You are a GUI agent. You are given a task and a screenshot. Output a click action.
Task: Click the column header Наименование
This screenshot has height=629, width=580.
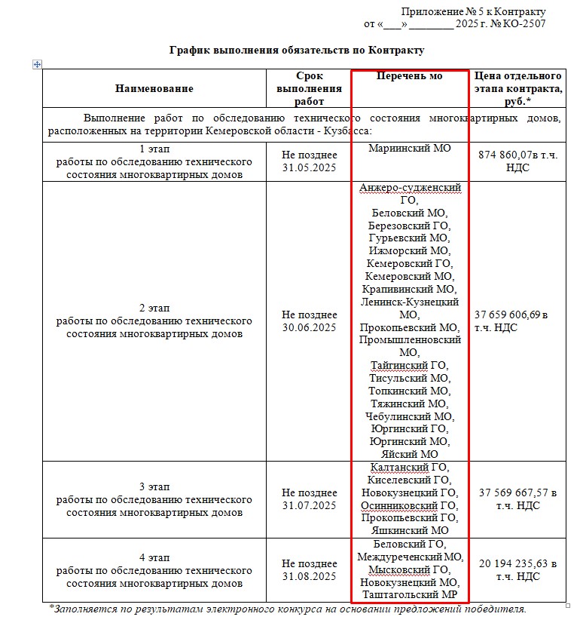(x=154, y=88)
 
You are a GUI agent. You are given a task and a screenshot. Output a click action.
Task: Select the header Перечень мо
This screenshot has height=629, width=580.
(x=409, y=77)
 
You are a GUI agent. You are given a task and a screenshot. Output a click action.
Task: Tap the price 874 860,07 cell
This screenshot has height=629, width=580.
(x=518, y=161)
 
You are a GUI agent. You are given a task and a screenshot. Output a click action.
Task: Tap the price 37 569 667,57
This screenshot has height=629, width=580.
(x=517, y=492)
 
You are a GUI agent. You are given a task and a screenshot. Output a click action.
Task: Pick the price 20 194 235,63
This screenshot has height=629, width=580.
(x=517, y=563)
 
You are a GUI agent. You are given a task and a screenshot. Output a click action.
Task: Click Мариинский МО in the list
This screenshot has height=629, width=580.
(x=409, y=149)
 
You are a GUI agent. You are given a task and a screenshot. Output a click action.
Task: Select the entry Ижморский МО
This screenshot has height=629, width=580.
(x=410, y=250)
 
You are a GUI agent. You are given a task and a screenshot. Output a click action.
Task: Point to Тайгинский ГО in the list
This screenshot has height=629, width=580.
(x=410, y=365)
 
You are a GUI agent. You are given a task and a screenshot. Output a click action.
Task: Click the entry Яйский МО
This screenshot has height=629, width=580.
(x=410, y=454)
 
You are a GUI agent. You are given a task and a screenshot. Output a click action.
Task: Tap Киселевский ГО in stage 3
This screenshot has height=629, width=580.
(x=410, y=480)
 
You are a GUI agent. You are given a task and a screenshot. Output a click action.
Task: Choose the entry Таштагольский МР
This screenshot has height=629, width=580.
(x=410, y=595)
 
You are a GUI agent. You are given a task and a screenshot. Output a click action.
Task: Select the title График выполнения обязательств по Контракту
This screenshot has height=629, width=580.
(x=297, y=51)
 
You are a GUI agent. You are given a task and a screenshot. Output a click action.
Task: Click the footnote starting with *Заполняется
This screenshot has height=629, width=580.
(x=288, y=609)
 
